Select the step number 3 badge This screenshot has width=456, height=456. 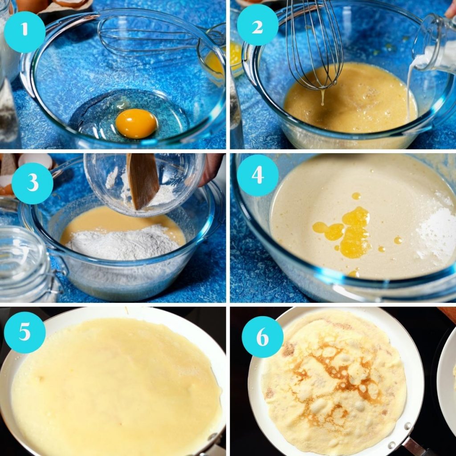pyautogui.click(x=32, y=183)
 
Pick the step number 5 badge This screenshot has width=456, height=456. pyautogui.click(x=24, y=332)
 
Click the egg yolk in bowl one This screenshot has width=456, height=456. pyautogui.click(x=136, y=123)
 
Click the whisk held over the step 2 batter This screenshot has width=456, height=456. pyautogui.click(x=314, y=49)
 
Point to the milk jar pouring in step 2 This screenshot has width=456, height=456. pyautogui.click(x=434, y=45)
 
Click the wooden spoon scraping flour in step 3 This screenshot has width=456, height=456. pyautogui.click(x=142, y=180)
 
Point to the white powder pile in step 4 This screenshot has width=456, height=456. pyautogui.click(x=434, y=232)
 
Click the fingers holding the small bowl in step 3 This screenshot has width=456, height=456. pyautogui.click(x=212, y=169)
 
